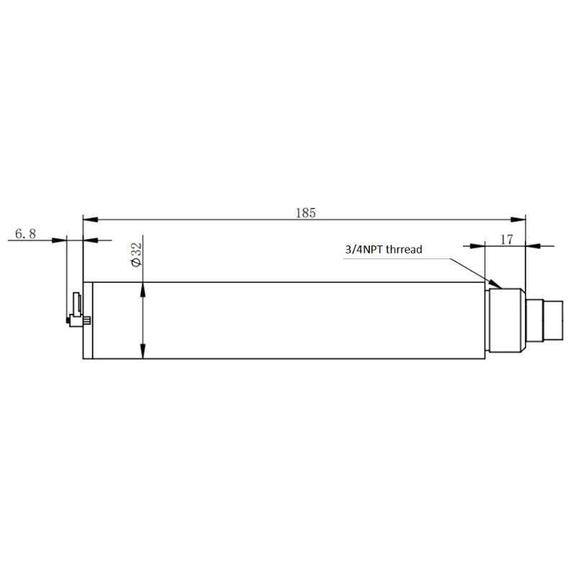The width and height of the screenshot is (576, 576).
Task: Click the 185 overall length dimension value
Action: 305,212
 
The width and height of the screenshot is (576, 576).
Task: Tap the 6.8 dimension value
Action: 24,234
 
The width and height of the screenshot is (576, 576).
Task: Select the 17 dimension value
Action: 506,240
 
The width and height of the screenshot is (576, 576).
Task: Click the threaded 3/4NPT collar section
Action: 505,320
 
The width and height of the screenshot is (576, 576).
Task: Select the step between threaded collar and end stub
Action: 531,320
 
